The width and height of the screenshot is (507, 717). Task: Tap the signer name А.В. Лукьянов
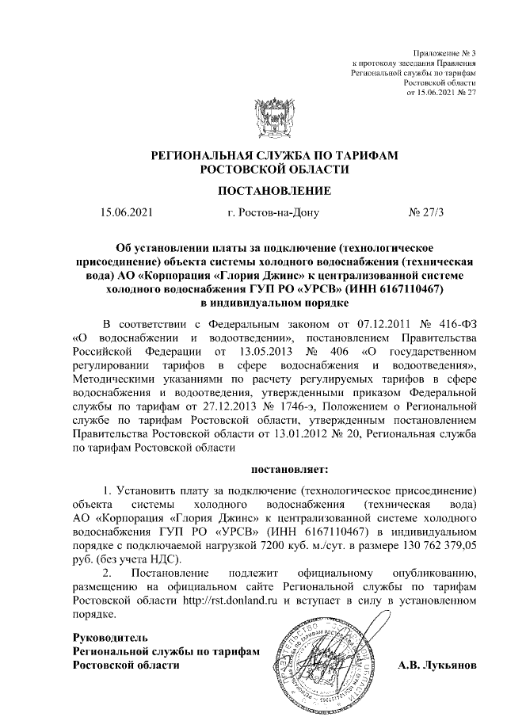[x=436, y=665]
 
